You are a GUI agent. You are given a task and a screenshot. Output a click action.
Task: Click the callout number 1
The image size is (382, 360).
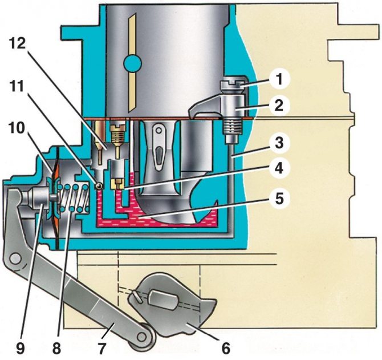279,79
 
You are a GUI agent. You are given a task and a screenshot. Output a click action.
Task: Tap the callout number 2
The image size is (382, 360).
279,106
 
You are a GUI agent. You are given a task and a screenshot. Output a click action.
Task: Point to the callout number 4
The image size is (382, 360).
279,169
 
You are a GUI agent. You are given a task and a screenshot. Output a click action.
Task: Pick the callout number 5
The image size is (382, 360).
279,200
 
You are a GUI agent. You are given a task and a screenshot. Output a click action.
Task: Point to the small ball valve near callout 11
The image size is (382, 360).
99,185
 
